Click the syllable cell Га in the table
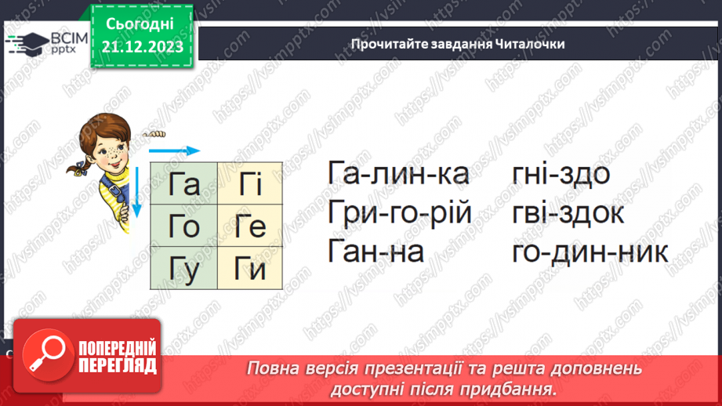click(184, 184)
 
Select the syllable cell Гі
click(250, 184)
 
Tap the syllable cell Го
click(184, 227)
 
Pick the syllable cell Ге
click(250, 227)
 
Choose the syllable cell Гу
click(184, 269)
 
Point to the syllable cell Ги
click(250, 269)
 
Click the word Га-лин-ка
click(398, 174)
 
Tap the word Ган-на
click(376, 252)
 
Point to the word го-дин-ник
click(590, 252)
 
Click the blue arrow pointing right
click(174, 150)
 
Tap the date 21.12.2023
click(142, 46)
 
